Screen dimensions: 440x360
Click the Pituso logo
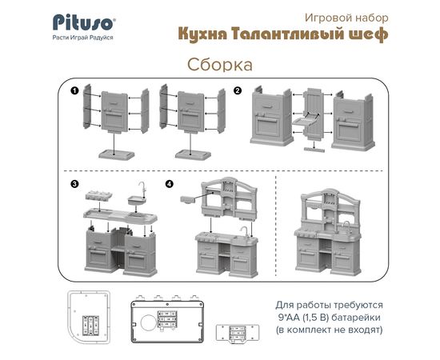click(84, 22)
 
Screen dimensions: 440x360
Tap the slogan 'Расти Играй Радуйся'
click(82, 38)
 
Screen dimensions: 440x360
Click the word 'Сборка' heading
click(220, 65)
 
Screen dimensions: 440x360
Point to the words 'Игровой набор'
click(346, 18)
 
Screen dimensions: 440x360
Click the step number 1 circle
click(74, 90)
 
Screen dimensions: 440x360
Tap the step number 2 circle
click(238, 90)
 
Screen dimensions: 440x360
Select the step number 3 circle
click(74, 184)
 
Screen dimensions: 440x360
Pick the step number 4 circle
click(170, 184)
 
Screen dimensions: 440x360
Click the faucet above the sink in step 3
click(142, 188)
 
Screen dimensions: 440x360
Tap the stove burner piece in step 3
click(99, 195)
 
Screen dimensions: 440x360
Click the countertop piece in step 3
click(120, 216)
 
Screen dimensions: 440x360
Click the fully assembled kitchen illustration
click(328, 232)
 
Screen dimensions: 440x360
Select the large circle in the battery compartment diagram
click(149, 322)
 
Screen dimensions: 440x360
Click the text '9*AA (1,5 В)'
click(303, 318)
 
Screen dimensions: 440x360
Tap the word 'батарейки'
click(356, 318)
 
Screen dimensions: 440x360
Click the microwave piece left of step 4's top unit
click(188, 199)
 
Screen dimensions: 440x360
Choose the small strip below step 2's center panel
click(314, 149)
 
